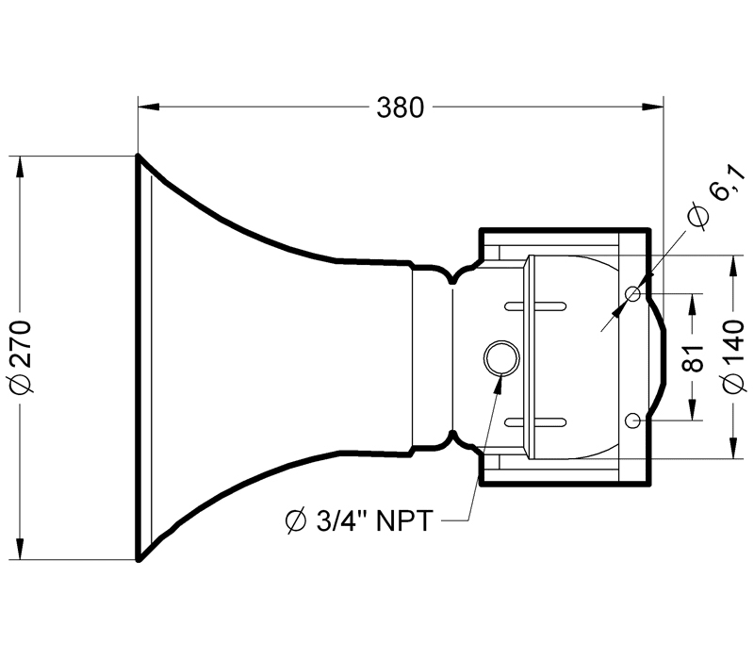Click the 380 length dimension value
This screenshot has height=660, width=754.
tap(400, 107)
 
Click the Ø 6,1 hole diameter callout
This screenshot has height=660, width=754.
tap(714, 205)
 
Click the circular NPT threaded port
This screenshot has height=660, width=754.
tap(500, 357)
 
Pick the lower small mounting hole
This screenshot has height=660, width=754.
tap(633, 419)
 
